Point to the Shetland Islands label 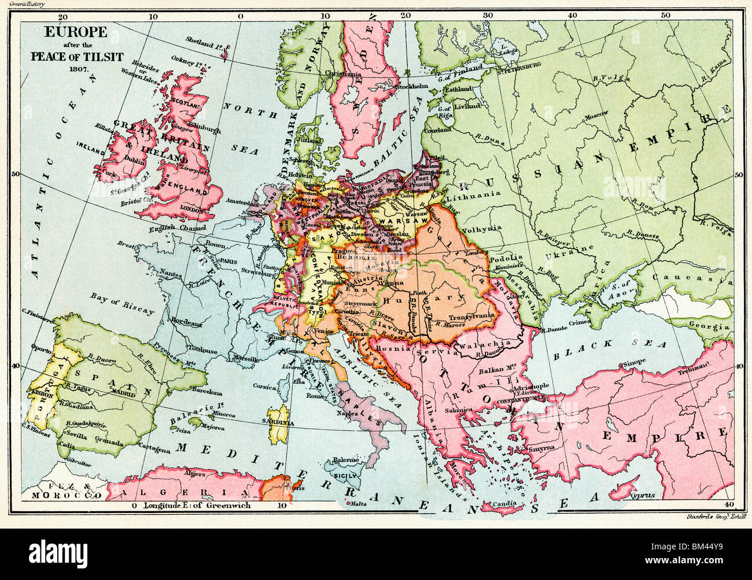coord(204,40)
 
